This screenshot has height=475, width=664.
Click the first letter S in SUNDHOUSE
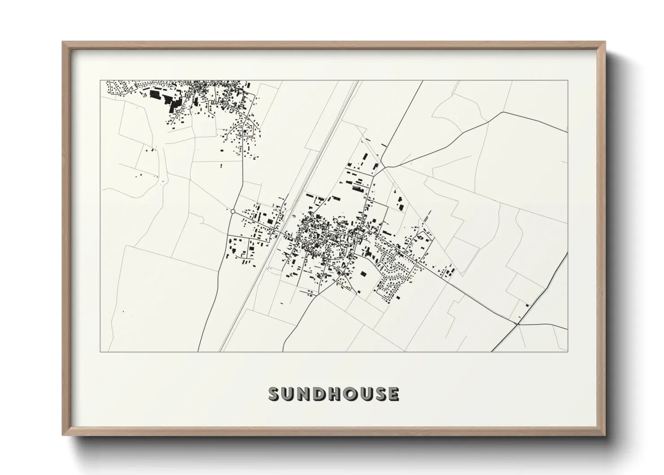point(274,394)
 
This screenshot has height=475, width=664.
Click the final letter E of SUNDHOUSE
point(393,394)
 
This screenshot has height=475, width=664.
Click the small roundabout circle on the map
point(233,211)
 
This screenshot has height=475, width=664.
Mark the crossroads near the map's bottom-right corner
point(518,323)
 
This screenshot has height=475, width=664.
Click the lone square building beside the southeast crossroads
point(527,306)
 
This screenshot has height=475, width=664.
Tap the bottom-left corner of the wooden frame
point(63,435)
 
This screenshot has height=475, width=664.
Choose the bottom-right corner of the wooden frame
point(605,435)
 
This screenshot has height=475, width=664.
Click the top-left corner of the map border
point(100,81)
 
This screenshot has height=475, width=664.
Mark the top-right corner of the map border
point(568,81)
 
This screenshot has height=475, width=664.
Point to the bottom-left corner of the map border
point(100,352)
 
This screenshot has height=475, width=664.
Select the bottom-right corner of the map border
point(568,352)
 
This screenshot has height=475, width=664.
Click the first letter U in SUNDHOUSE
point(289,394)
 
